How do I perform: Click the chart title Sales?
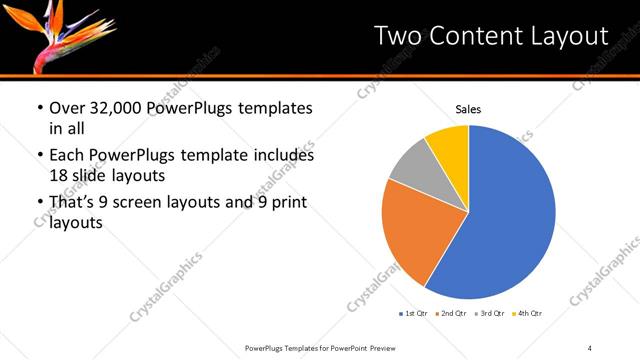tap(468, 109)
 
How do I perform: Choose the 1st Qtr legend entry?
tap(415, 315)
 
